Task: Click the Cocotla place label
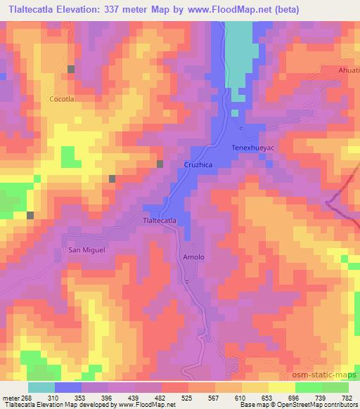(62, 100)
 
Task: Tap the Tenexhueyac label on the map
(252, 148)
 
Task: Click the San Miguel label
(86, 249)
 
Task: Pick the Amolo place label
(193, 257)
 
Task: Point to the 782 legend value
(347, 398)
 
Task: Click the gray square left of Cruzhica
(160, 164)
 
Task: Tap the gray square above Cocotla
(71, 69)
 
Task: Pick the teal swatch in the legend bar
(41, 387)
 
